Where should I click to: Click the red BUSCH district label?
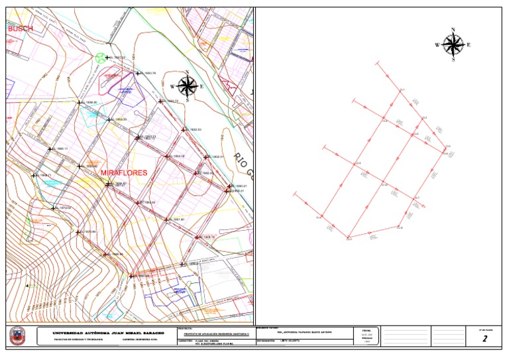click(20, 29)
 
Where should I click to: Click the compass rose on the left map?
click(188, 86)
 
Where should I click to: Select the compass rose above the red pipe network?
click(453, 44)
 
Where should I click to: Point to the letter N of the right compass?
click(453, 30)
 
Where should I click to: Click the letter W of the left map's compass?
click(172, 87)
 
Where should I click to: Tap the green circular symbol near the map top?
click(100, 58)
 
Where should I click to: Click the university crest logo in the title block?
click(17, 337)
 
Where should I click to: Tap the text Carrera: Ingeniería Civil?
click(143, 342)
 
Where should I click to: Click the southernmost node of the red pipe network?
click(348, 237)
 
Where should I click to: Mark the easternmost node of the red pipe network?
click(445, 148)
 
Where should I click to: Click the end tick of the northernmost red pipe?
click(376, 64)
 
